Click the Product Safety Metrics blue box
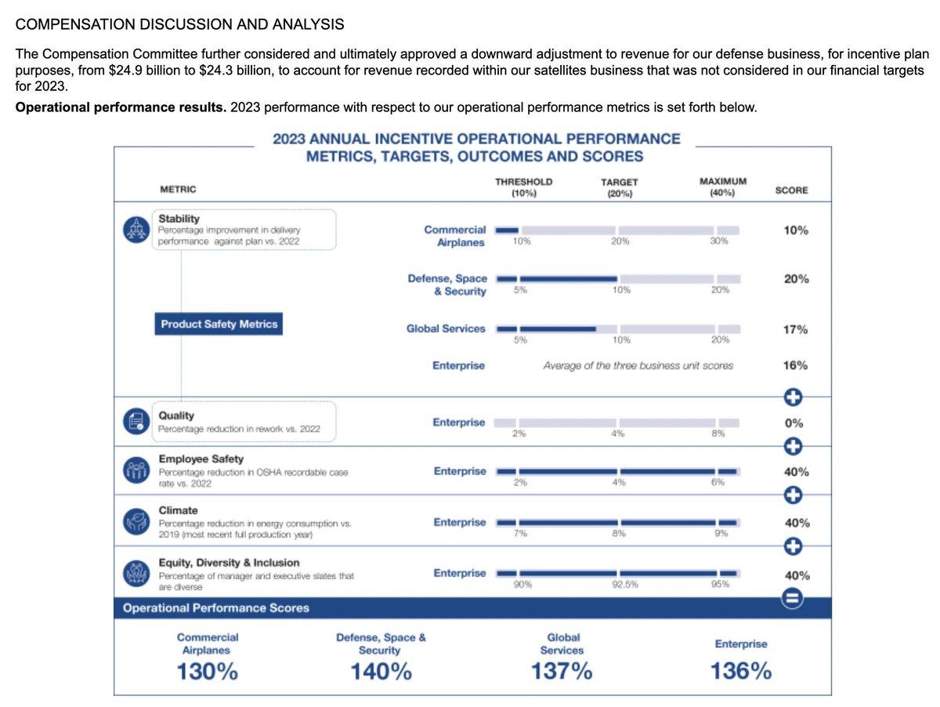(x=219, y=324)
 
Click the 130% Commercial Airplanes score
(x=208, y=672)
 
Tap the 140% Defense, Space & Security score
(x=381, y=672)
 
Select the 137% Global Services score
(x=561, y=672)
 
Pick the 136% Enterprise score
(x=740, y=672)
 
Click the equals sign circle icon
(x=792, y=600)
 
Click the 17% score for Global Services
(x=796, y=330)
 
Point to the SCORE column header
(x=791, y=190)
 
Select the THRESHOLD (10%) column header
(x=523, y=187)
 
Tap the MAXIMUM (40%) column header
(x=722, y=187)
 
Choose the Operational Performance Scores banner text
(x=216, y=608)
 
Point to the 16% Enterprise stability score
(x=796, y=365)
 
